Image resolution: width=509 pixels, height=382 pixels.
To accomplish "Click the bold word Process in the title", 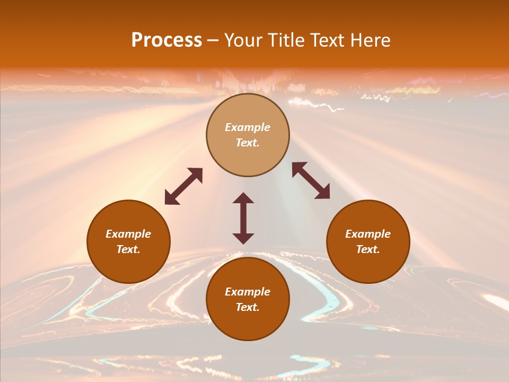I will pos(166,40).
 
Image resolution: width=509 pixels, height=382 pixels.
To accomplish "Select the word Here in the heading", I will pos(370,40).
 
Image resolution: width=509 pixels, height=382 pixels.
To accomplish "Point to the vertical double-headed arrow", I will pos(243,218).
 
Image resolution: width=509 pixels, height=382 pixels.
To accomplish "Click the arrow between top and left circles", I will pos(183,186).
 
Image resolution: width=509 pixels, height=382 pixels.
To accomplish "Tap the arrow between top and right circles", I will pos(311,180).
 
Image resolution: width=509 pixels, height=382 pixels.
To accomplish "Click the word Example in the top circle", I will pos(248,127).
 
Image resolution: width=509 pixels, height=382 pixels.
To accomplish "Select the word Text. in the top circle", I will pos(248,143).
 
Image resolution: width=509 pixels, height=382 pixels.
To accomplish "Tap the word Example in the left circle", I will pos(128,234).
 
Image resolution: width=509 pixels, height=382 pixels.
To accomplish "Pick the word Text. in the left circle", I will pos(128,249).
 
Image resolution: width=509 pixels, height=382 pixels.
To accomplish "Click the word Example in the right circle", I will pos(368,234).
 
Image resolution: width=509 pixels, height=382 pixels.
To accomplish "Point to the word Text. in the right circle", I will pos(368,249).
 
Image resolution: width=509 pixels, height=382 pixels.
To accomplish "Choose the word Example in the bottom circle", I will pos(248,292).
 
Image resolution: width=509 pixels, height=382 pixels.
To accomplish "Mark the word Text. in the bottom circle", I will pos(248,307).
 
